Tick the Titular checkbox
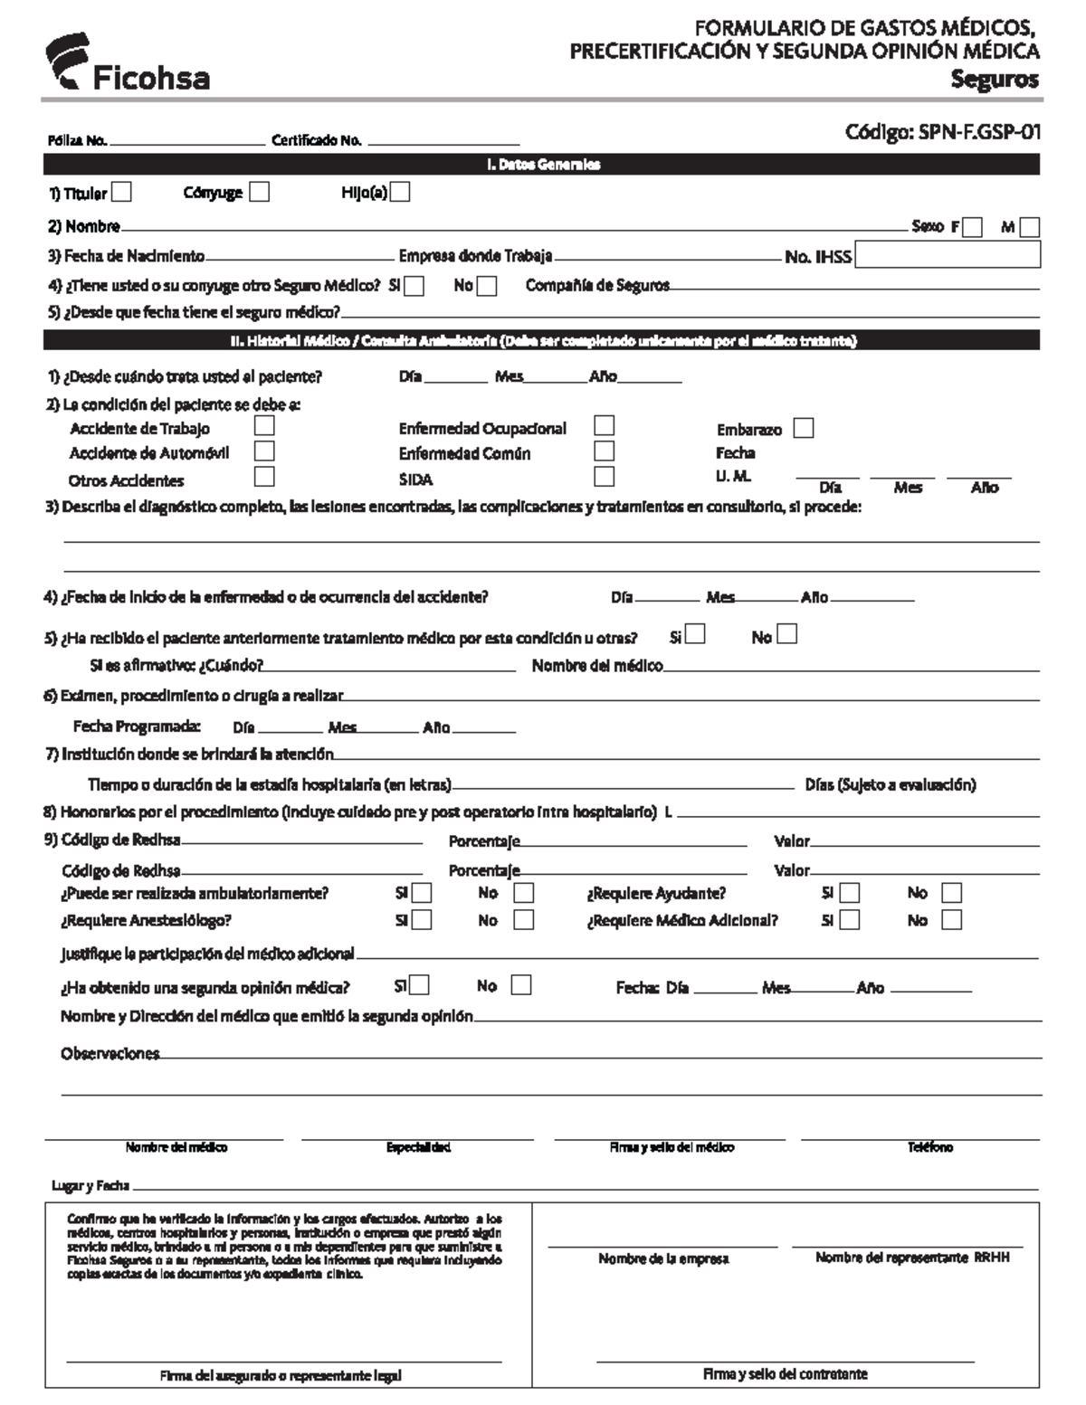coord(121,193)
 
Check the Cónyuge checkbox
coord(260,192)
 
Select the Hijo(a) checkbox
coord(400,192)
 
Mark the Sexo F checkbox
coord(973,228)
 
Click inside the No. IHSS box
coord(947,255)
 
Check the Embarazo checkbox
coord(803,429)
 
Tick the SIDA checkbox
coord(604,477)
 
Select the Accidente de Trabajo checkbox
coord(264,425)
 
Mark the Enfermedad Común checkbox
coord(604,451)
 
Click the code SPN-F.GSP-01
coord(942,133)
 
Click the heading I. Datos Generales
coord(542,165)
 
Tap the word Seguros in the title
coord(994,80)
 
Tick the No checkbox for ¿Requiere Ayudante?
coord(951,894)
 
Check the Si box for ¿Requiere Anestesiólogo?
coord(421,920)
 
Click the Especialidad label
coord(418,1147)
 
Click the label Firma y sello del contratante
coord(785,1373)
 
